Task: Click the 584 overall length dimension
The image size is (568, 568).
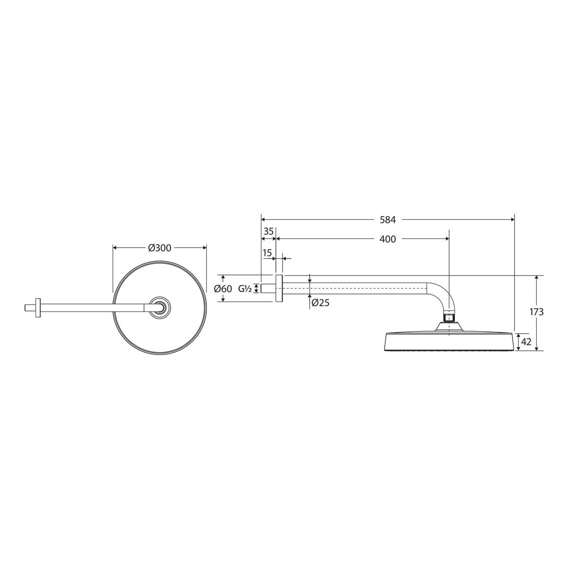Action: pyautogui.click(x=388, y=220)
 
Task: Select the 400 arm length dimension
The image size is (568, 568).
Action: pyautogui.click(x=388, y=239)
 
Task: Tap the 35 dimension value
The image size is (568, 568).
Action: pyautogui.click(x=268, y=231)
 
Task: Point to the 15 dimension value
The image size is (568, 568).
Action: pyautogui.click(x=267, y=253)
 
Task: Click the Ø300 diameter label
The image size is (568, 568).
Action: pyautogui.click(x=160, y=248)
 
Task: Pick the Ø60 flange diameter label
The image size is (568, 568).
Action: pyautogui.click(x=223, y=289)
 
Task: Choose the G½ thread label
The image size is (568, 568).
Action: pyautogui.click(x=245, y=289)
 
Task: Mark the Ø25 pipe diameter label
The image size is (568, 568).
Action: pyautogui.click(x=320, y=302)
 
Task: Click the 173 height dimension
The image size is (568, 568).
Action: pyautogui.click(x=536, y=312)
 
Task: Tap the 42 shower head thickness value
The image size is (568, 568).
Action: pyautogui.click(x=526, y=342)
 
